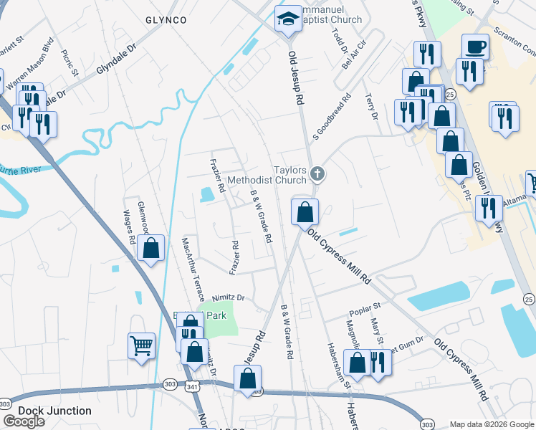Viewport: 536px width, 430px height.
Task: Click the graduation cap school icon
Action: point(289,18)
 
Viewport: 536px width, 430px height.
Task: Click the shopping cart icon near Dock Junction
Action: point(142,345)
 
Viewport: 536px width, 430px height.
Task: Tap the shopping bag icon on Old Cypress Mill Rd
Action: point(305,211)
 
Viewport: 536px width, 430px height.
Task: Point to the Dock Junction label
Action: point(55,411)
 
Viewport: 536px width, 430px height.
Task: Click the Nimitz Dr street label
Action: point(229,297)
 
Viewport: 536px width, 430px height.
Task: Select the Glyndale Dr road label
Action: point(115,60)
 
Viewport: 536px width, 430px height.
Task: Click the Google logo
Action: point(24,421)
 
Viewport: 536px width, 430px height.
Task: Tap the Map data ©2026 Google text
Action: point(492,424)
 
